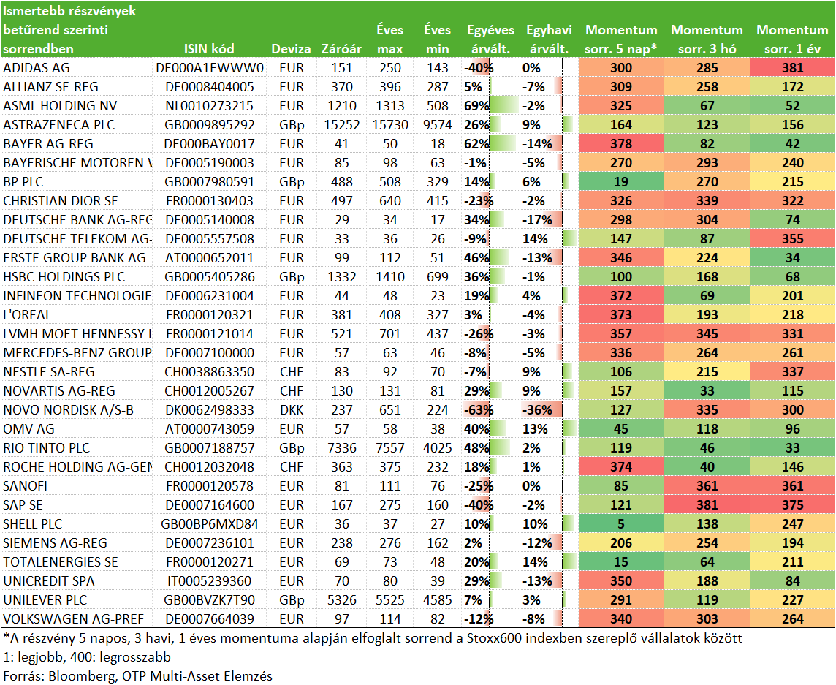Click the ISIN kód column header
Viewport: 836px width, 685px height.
point(209,49)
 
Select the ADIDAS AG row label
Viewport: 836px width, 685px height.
point(37,68)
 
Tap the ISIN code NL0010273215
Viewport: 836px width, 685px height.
point(209,105)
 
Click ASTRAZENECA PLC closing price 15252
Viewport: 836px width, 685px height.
point(342,125)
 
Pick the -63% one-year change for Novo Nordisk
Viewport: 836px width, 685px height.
point(478,409)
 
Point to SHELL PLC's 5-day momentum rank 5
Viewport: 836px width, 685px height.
point(621,524)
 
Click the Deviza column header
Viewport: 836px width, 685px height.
point(291,49)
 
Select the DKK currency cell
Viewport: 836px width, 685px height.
point(292,409)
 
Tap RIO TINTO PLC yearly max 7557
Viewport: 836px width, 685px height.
point(390,447)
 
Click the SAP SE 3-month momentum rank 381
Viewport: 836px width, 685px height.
point(707,504)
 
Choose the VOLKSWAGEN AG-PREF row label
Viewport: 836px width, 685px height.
point(74,619)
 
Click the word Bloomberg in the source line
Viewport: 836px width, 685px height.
point(80,676)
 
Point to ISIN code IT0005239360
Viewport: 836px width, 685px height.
point(209,581)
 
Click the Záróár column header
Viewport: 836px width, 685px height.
point(342,49)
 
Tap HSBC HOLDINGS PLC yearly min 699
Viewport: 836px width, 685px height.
point(437,277)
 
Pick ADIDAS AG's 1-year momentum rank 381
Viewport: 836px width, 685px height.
point(793,68)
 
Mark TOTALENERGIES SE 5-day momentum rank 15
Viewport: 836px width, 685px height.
point(621,561)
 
